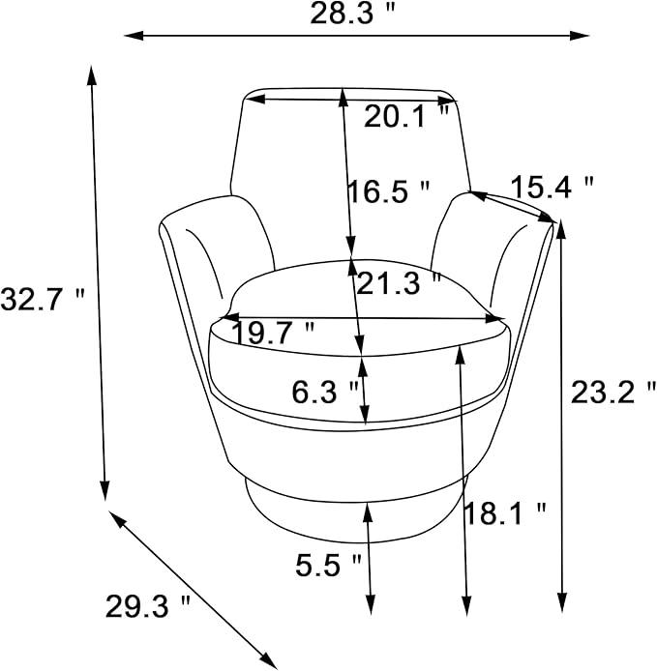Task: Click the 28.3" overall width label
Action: point(351,14)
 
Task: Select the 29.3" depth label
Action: point(147,606)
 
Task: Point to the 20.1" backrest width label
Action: point(406,116)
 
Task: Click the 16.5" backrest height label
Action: point(388,190)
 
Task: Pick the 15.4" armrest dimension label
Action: point(552,187)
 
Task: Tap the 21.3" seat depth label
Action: point(399,283)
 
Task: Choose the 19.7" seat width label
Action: point(273,333)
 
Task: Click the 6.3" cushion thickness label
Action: point(325,392)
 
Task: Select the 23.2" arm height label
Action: point(613,393)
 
